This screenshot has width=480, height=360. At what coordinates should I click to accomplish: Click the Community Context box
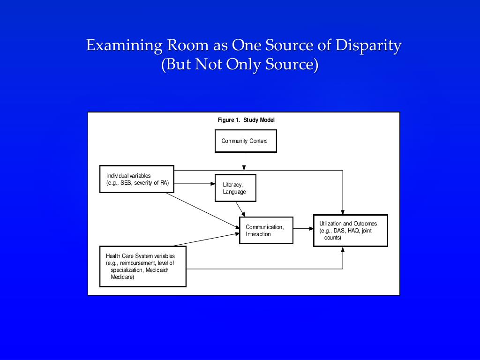[x=246, y=141]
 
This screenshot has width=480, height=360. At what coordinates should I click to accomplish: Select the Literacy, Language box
[x=235, y=188]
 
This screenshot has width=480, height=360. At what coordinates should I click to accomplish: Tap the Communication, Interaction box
[x=266, y=230]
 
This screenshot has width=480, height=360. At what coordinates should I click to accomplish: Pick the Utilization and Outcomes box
[x=350, y=230]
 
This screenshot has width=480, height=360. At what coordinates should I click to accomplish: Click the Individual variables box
[x=137, y=179]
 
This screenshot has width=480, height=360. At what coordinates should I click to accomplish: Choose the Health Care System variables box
[x=143, y=266]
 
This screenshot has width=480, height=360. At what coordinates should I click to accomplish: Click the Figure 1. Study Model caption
[x=246, y=120]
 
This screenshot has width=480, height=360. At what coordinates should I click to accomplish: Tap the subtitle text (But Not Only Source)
[x=240, y=64]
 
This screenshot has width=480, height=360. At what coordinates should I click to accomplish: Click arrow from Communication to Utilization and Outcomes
[x=303, y=229]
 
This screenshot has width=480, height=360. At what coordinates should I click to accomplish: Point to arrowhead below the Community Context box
[x=244, y=167]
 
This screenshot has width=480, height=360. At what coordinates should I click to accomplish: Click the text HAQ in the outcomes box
[x=353, y=231]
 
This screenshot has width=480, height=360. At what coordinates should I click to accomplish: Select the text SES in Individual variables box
[x=126, y=183]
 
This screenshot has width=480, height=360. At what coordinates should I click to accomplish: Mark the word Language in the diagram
[x=234, y=192]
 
